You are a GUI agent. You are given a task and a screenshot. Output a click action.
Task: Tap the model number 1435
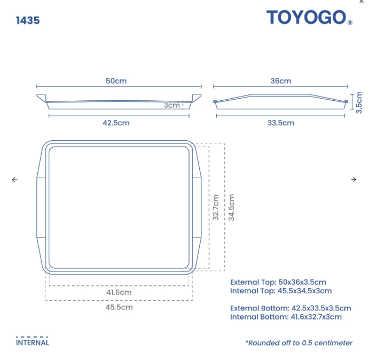[28, 21]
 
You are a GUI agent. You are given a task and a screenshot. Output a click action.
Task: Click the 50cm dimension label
[116, 81]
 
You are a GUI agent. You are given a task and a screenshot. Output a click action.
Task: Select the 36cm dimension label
[281, 81]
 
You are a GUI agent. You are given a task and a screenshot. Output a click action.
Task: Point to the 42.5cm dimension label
[116, 123]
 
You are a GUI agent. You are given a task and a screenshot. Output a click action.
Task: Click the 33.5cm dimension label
[281, 123]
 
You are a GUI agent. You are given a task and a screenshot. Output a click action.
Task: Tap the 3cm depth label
[171, 105]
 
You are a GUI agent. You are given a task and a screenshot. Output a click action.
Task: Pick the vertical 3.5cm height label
[359, 102]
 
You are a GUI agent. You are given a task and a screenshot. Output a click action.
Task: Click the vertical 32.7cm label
[216, 207]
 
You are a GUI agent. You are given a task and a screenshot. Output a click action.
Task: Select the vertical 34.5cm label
[231, 207]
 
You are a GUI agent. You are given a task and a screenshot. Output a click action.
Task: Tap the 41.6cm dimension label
[119, 292]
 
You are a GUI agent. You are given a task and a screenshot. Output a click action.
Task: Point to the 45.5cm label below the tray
[119, 307]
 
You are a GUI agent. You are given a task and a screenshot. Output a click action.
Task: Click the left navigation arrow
[14, 180]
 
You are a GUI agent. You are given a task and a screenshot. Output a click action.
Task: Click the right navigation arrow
[354, 180]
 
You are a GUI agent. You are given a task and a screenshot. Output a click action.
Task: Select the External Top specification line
[278, 282]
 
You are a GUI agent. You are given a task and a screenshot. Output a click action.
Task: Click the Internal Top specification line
[281, 291]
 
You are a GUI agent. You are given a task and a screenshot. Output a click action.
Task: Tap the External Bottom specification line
[291, 308]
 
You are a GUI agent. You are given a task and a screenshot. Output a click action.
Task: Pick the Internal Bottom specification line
[286, 317]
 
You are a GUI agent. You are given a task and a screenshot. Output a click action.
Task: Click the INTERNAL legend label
[32, 342]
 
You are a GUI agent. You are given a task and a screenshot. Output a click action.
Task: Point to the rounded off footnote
[299, 343]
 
